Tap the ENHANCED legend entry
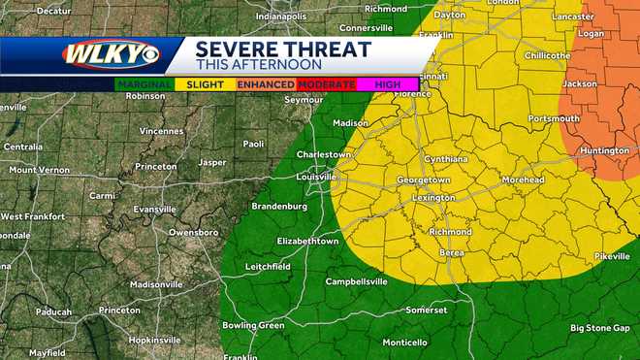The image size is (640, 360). coord(267,84)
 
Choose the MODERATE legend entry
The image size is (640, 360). coord(326,84)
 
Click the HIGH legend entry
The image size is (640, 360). coord(387,84)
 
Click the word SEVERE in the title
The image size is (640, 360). coord(237,48)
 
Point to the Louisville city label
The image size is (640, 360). coord(299,177)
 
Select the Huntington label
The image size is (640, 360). coord(606,150)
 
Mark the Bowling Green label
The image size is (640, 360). coord(252,325)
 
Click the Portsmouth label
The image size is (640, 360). coord(554,118)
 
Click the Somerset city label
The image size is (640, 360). coord(427,310)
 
